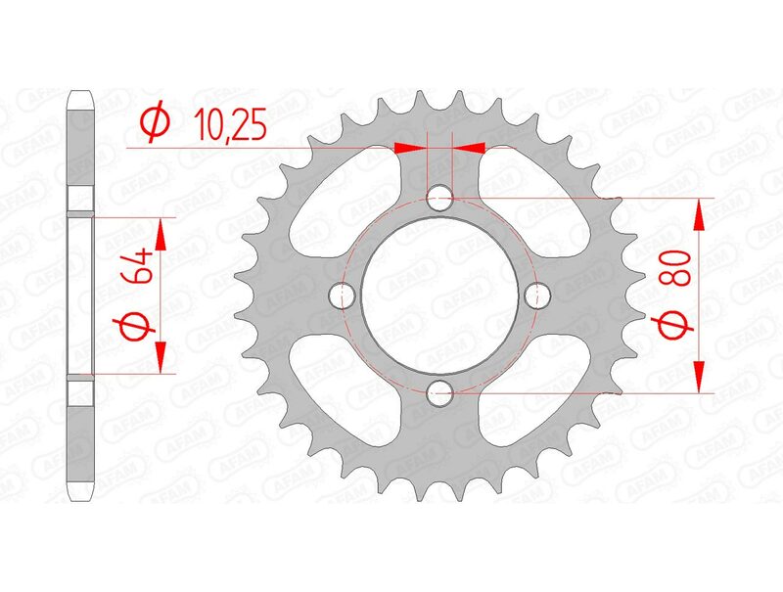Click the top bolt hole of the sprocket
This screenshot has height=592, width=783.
click(x=441, y=198)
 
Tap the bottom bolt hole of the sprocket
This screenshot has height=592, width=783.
click(x=441, y=393)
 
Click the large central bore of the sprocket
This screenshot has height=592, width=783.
click(x=440, y=296)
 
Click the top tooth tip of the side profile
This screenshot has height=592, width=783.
click(x=81, y=95)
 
